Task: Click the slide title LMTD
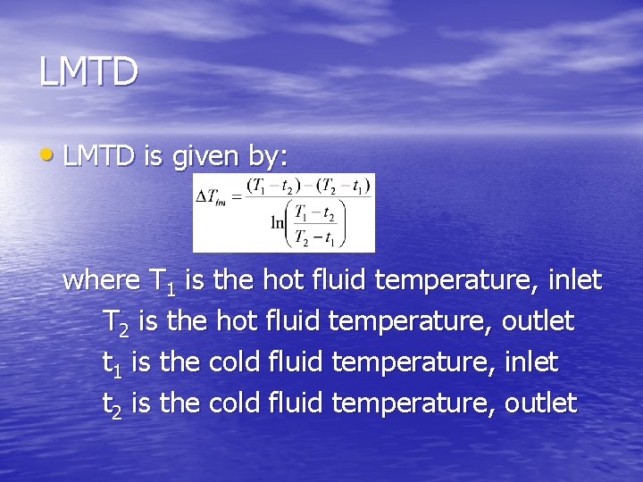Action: click(x=88, y=72)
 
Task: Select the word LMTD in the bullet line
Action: click(x=98, y=156)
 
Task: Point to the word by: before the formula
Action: click(x=267, y=158)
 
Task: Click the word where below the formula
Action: click(x=101, y=280)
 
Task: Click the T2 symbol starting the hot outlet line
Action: click(x=116, y=322)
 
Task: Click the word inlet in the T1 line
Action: click(x=574, y=280)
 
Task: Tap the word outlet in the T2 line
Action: click(x=538, y=320)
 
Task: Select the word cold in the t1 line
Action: click(x=233, y=361)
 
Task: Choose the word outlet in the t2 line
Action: click(x=540, y=403)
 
